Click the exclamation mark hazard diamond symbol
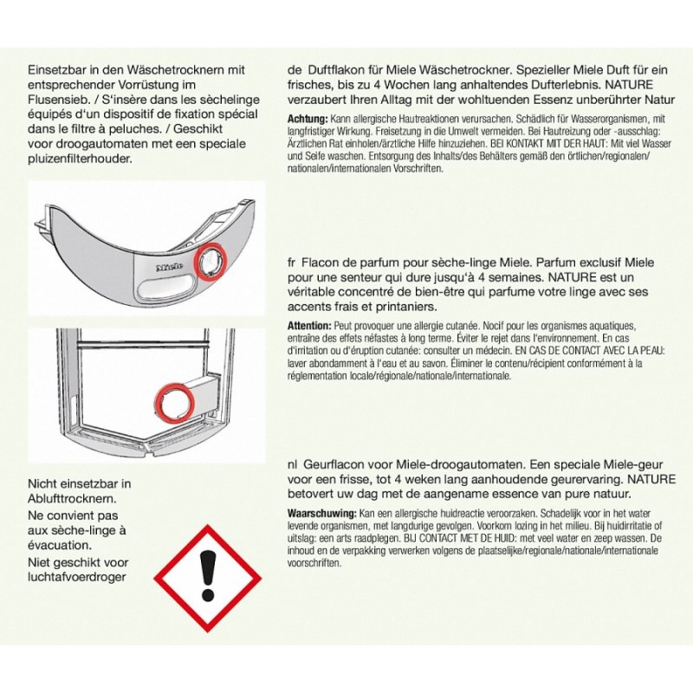pos(208,578)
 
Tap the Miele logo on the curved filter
pos(170,268)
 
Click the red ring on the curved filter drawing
pos(210,262)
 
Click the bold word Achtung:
pos(308,119)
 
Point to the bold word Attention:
pos(309,326)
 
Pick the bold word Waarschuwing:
pos(321,514)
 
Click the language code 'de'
pos(294,70)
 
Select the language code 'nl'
pos(292,465)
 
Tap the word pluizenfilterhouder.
pos(80,159)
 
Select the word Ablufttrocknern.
pos(72,499)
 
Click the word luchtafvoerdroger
pos(77,577)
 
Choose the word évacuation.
pos(60,545)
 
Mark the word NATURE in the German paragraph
pos(629,85)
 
